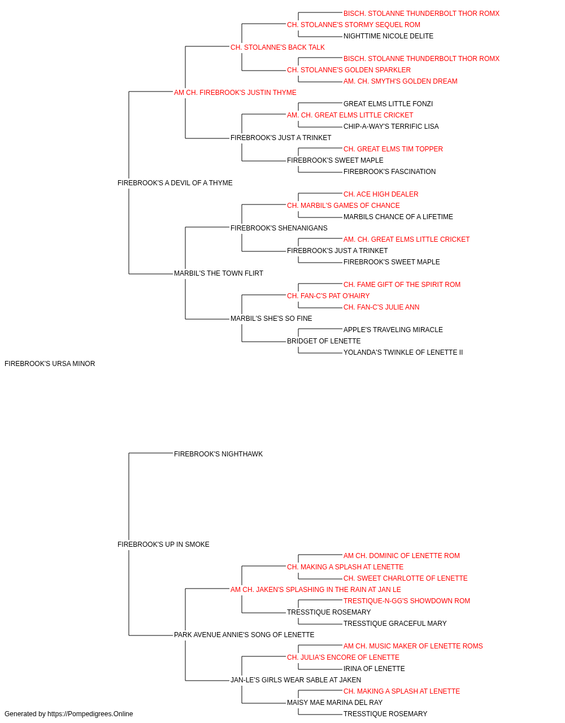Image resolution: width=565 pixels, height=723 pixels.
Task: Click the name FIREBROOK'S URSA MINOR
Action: point(50,364)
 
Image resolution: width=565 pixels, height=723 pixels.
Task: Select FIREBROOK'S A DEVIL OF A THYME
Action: point(175,183)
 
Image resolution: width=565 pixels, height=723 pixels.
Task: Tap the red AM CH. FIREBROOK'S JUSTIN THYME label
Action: point(235,93)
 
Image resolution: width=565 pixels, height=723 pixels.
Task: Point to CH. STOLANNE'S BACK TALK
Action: point(277,47)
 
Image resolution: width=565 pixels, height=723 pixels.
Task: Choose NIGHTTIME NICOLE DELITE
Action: point(388,36)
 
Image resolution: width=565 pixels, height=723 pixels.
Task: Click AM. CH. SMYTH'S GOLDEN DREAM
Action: point(400,81)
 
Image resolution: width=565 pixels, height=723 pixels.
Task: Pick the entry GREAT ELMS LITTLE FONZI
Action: point(388,104)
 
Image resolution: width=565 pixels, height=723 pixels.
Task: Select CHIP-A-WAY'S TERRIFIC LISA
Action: point(391,127)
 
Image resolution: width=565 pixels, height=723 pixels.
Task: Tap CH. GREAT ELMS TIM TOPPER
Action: point(393,149)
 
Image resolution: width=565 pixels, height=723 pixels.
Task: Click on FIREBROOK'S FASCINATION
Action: point(389,172)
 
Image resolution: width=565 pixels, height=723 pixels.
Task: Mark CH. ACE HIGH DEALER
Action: point(381,194)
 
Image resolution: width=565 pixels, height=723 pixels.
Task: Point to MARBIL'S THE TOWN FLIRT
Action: point(218,273)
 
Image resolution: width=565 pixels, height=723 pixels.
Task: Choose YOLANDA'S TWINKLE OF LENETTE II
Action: point(403,352)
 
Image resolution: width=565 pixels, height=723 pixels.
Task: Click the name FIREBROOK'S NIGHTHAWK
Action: point(218,454)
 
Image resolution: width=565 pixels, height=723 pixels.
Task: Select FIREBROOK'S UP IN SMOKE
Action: point(163,545)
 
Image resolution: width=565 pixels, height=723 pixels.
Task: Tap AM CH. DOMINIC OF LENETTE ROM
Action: point(401,556)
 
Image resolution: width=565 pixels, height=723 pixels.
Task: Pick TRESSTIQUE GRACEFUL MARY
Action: point(395,624)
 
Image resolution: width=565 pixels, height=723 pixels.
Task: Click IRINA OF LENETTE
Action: point(374,669)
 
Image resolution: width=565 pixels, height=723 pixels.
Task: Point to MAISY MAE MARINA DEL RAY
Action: point(334,703)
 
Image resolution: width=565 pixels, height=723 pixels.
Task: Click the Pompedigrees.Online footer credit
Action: point(68,714)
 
